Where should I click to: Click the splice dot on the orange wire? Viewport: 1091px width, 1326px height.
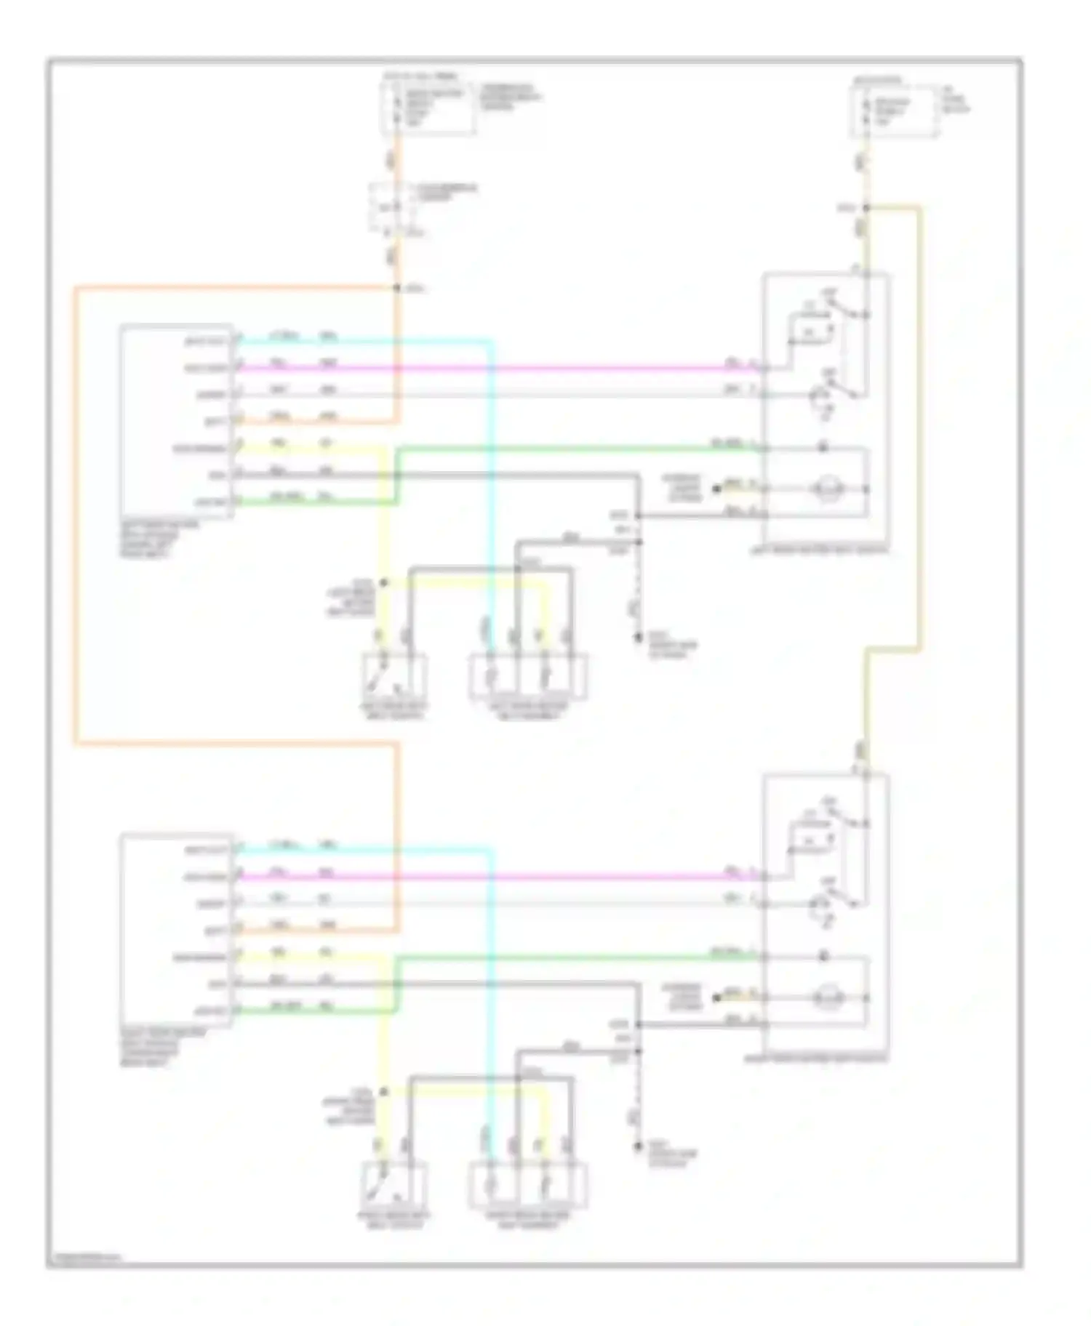(397, 289)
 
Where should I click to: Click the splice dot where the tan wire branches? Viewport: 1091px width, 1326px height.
(866, 209)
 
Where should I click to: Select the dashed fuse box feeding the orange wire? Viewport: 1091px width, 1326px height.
(428, 109)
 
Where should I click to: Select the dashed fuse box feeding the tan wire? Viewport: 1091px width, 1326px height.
(894, 112)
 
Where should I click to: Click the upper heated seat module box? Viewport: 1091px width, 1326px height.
(177, 421)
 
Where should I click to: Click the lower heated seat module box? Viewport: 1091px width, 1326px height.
(177, 931)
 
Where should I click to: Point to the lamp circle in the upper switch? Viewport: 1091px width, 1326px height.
(826, 489)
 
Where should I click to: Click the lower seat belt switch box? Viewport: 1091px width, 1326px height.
(394, 1186)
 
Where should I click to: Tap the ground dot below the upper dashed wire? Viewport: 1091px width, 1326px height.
(638, 638)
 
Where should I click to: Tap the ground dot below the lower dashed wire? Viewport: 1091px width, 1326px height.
(638, 1146)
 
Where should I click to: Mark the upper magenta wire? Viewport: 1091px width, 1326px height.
(509, 369)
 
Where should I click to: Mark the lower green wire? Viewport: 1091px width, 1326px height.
(582, 958)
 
